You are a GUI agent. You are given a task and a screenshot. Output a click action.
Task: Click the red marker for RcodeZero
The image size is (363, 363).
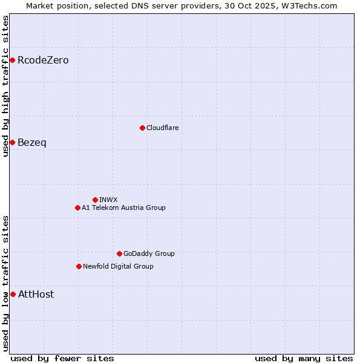coord(12,60)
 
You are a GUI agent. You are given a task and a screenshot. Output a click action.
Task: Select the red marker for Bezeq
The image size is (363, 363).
coord(12,142)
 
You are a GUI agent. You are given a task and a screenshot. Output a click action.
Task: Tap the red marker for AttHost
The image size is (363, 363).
coord(13,294)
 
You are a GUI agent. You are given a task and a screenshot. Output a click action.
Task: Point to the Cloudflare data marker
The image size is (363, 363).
coord(142,128)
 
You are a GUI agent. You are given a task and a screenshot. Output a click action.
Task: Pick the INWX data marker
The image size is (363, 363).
coord(95,200)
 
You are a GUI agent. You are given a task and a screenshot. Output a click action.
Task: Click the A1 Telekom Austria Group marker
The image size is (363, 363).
coord(77,208)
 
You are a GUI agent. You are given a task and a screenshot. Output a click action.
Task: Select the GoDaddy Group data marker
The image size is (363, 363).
coord(119,253)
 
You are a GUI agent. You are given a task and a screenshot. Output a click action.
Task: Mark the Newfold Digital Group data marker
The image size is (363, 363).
coord(79,266)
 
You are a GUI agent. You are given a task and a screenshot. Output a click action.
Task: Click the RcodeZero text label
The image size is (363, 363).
coord(43,60)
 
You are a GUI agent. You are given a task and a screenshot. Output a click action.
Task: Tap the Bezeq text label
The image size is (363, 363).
coord(32,142)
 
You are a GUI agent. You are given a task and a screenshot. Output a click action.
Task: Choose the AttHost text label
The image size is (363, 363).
coord(36,294)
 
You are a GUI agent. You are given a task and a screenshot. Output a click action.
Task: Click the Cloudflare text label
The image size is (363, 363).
coord(163,128)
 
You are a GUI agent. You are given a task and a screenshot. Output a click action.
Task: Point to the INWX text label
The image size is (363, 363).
coord(109,200)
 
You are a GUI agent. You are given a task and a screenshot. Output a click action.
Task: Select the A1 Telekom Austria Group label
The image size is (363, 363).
coord(124,208)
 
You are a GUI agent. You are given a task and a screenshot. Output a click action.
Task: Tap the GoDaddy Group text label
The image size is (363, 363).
coord(149,253)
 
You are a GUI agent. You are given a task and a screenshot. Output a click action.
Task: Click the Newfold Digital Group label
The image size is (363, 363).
coord(119,266)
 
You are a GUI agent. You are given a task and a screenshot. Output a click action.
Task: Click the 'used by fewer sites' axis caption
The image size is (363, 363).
coord(62,358)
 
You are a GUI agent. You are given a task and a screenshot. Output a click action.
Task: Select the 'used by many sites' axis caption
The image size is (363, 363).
coord(304,358)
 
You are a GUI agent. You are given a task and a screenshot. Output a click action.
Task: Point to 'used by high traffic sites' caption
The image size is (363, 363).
coord(5,86)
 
